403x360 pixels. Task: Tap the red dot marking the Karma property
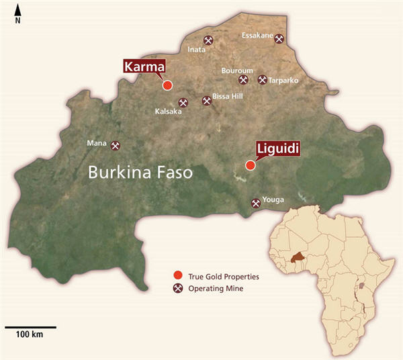[167, 85]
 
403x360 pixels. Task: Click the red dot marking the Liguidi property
[250, 165]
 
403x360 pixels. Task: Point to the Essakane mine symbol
[279, 40]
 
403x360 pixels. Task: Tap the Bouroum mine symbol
[243, 80]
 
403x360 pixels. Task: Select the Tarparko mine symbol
[263, 80]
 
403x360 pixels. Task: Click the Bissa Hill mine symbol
[206, 101]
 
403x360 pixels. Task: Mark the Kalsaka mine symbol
[183, 103]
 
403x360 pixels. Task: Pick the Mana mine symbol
[115, 145]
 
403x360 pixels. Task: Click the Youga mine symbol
[255, 203]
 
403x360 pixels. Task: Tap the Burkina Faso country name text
[141, 173]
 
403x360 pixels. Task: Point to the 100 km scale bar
[31, 328]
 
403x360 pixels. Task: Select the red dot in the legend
[178, 276]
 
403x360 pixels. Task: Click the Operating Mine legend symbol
[178, 289]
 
